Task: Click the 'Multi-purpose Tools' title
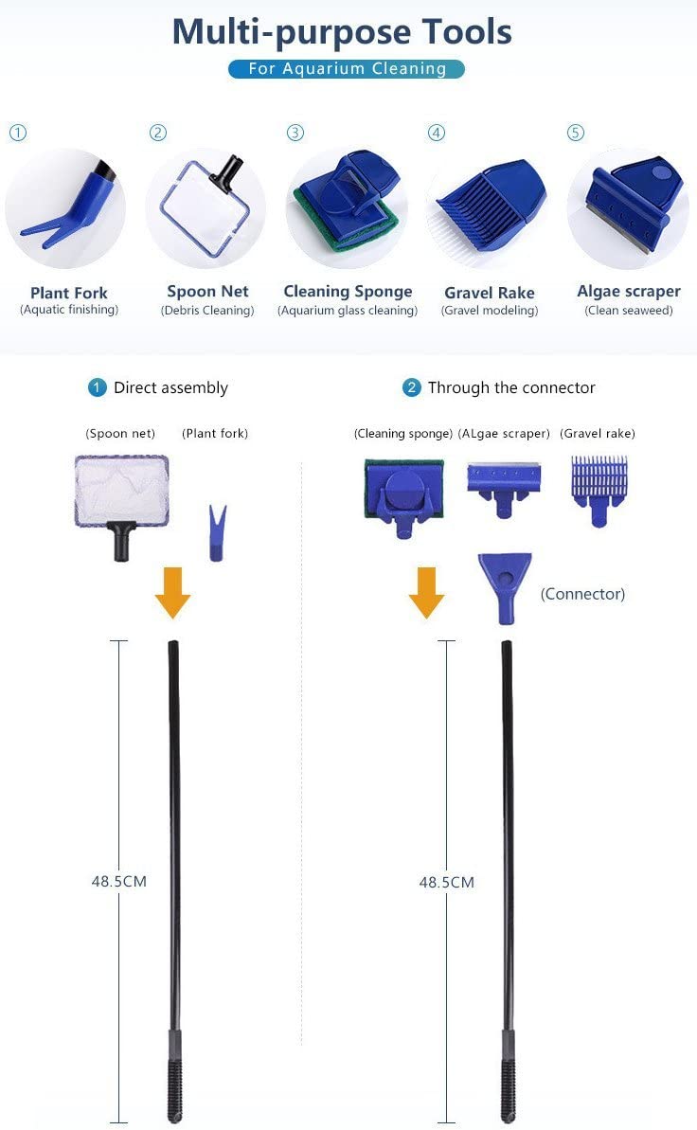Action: click(x=342, y=32)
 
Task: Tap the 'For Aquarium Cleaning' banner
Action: click(x=347, y=68)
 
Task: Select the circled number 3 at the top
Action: click(x=295, y=133)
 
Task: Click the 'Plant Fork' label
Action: click(x=68, y=293)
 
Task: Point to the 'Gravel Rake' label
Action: click(x=490, y=293)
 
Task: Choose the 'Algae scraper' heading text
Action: click(x=629, y=291)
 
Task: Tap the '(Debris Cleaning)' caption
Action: click(x=207, y=311)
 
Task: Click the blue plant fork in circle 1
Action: click(x=67, y=206)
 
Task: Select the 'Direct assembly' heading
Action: click(x=170, y=387)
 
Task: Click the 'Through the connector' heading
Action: click(x=511, y=387)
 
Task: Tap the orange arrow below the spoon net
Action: click(x=173, y=592)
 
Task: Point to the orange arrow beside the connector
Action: click(x=427, y=592)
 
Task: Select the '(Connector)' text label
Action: click(x=582, y=594)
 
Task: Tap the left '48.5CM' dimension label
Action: click(x=119, y=882)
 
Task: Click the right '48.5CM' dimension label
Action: click(x=447, y=882)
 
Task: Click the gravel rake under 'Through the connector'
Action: click(x=599, y=490)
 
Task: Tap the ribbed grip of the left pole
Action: click(x=173, y=1088)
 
